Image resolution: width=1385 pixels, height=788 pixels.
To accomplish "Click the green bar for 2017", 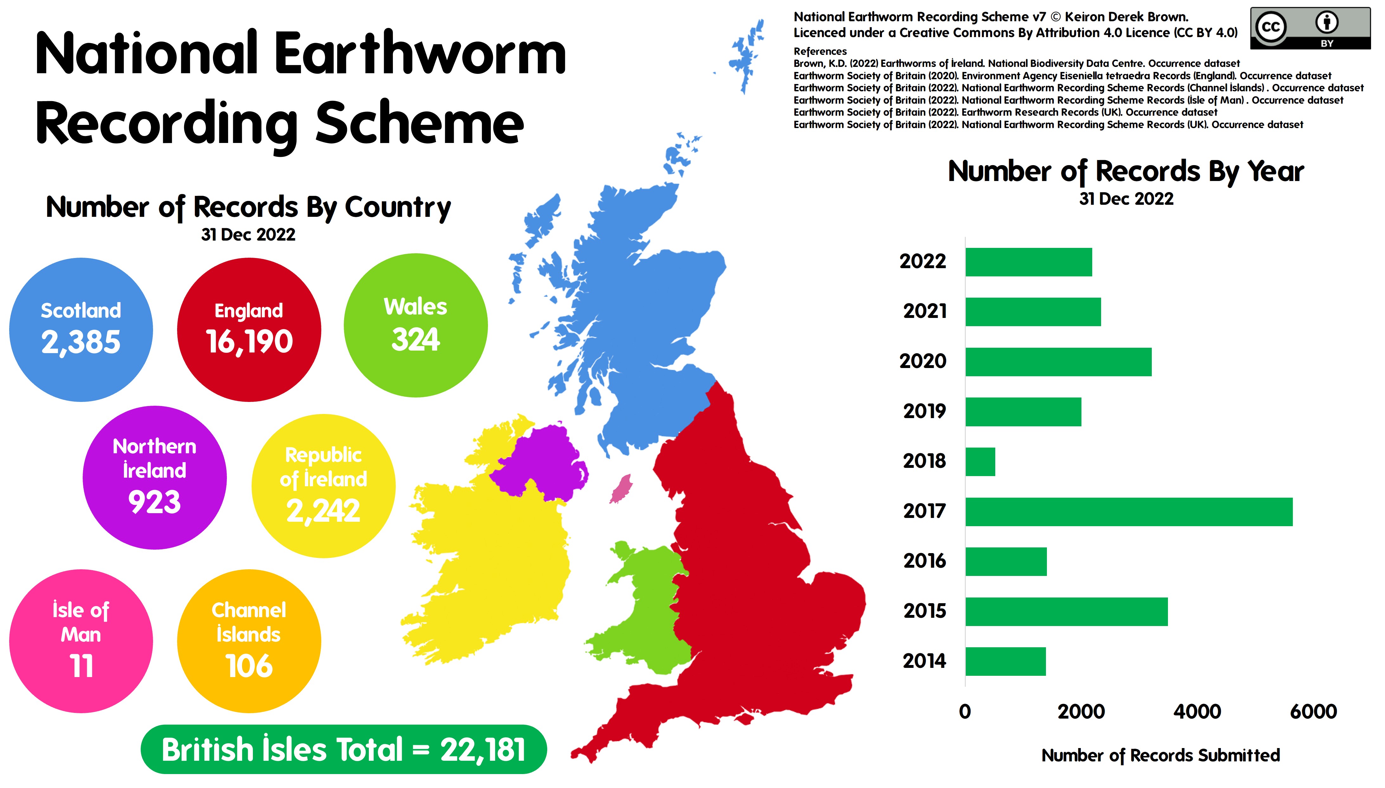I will click(1129, 512).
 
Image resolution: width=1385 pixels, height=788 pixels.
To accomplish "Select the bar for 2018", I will click(980, 462).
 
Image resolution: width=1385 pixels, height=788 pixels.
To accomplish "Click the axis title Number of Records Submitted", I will click(1160, 755).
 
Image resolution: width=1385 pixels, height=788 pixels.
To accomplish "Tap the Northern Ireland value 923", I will click(154, 502).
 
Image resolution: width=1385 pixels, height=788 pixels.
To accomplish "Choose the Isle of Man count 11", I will click(81, 666).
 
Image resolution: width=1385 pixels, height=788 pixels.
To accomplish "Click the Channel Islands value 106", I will click(249, 666).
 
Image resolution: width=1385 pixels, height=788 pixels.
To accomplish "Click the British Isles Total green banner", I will click(343, 750).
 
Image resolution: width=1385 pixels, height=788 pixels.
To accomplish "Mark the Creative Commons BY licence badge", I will click(1310, 28).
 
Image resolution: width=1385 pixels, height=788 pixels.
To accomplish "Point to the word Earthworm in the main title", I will click(420, 54).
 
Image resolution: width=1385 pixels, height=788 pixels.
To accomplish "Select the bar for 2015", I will click(1066, 611).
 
